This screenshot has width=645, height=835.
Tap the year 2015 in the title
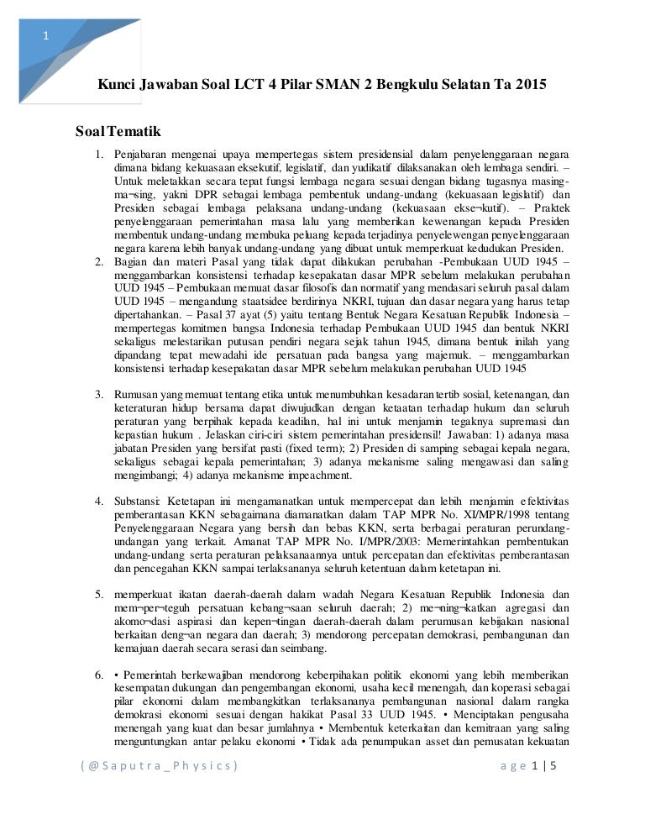coord(528,86)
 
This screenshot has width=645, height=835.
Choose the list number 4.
coord(98,502)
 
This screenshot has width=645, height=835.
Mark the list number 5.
coord(98,596)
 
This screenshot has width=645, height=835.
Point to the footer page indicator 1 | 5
coord(545,765)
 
